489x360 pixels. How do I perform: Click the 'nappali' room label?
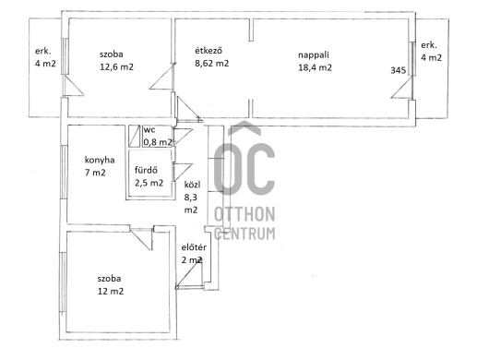tap(314, 55)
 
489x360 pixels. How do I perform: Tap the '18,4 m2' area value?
tap(315, 67)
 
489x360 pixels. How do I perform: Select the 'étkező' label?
tap(209, 51)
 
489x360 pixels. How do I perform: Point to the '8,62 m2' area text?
tap(212, 64)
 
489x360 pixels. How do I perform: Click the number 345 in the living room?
tap(399, 70)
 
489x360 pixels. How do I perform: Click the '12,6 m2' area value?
tap(116, 67)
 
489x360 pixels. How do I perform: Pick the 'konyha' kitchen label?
tap(100, 160)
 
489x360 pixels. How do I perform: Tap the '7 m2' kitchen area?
tap(95, 173)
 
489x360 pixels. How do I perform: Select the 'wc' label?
tap(149, 130)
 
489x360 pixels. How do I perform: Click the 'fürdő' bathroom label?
tap(146, 171)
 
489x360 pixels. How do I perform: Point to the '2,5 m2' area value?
tap(149, 183)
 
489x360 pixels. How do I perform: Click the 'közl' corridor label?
tap(192, 185)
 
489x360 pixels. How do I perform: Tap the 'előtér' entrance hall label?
tap(194, 247)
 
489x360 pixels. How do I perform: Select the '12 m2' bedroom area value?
tap(111, 292)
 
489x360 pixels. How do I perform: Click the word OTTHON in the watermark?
tap(244, 214)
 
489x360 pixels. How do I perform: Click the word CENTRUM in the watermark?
tap(244, 234)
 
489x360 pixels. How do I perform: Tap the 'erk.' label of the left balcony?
tap(43, 52)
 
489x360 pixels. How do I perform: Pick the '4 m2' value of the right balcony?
tap(431, 58)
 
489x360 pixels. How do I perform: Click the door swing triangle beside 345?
tap(401, 88)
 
